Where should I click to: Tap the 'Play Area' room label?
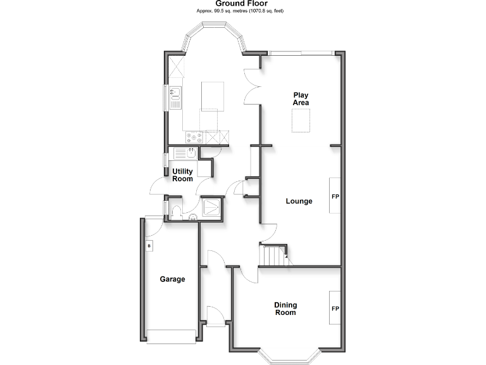pos(301,99)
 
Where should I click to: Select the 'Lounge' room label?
pos(299,202)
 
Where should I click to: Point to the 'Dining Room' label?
pos(285,309)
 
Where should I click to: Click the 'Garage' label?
pos(172,279)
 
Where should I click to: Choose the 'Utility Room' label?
pos(182,175)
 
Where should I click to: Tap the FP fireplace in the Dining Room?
pos(335,309)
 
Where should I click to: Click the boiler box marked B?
pos(149,246)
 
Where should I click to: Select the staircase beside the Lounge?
pos(274,256)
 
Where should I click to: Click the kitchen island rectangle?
pos(210,95)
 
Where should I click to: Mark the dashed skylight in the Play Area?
pos(301,120)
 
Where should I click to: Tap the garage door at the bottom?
pos(171,336)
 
